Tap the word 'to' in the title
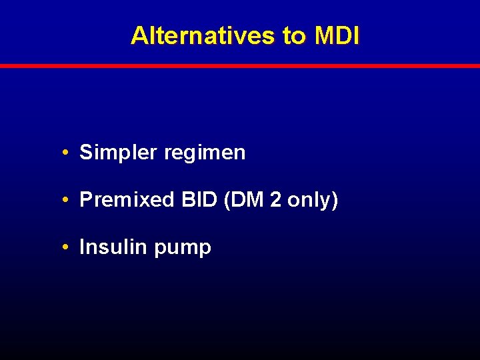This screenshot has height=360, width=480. pos(293,36)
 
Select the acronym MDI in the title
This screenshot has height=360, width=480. pos(336,36)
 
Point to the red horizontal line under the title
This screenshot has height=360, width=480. pos(240,66)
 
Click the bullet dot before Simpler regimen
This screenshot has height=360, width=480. pos(68,153)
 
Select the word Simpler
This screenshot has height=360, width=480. pos(118,153)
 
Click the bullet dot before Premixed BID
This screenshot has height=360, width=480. pos(68,200)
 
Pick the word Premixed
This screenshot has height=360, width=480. pos(126,200)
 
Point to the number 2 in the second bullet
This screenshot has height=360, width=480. pos(275,200)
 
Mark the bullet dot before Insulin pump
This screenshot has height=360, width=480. pos(68,247)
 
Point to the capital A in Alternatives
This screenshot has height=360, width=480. pos(139,36)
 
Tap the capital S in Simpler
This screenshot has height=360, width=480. pos(85,153)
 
